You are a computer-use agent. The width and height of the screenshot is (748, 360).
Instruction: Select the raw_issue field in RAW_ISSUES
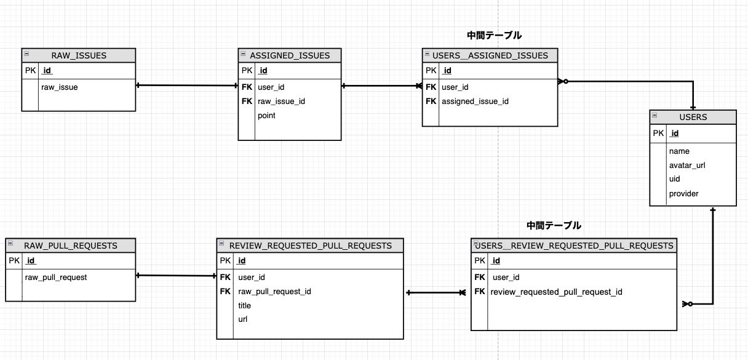60,87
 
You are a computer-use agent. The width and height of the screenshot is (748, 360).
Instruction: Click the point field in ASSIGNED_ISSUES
266,115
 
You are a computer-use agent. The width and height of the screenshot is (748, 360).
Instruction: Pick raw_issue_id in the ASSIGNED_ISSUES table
281,101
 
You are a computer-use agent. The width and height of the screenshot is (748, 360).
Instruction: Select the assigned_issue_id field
475,101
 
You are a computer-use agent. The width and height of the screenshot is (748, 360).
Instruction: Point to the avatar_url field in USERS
686,165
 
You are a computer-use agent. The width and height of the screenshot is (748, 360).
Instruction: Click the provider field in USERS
683,193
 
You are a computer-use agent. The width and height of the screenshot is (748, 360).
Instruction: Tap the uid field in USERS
674,179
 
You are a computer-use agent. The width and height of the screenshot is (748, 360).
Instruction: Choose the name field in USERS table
679,151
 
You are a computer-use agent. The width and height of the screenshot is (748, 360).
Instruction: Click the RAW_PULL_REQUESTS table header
70,246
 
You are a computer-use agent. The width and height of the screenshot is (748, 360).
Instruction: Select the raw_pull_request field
56,277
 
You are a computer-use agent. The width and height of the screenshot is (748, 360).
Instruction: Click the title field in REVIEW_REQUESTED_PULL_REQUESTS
244,305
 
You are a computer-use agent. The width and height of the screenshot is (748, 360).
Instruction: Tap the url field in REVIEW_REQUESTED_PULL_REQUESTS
242,319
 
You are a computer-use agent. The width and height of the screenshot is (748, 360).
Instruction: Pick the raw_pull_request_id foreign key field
274,291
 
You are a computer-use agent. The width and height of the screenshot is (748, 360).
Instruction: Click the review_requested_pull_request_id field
556,291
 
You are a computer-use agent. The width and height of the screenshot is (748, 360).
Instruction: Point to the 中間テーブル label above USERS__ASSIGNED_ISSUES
494,36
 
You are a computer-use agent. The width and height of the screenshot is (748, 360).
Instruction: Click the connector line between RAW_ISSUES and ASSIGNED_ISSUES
187,85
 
